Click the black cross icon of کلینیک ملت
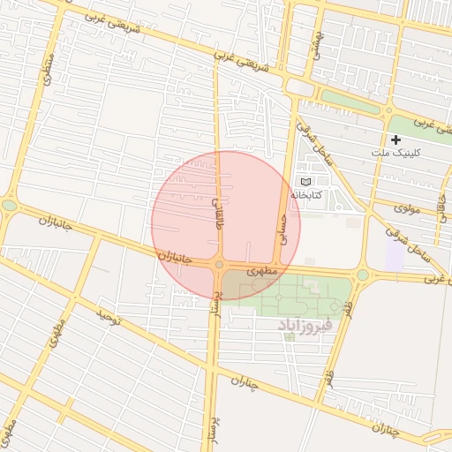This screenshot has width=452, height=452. (395, 139)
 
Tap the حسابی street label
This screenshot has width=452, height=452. (283, 227)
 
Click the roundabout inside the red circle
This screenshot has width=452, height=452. (219, 264)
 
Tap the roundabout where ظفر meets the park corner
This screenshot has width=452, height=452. (361, 275)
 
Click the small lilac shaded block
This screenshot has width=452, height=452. (395, 255)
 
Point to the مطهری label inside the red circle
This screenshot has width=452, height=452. (262, 271)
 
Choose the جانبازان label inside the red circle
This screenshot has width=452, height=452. (175, 257)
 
